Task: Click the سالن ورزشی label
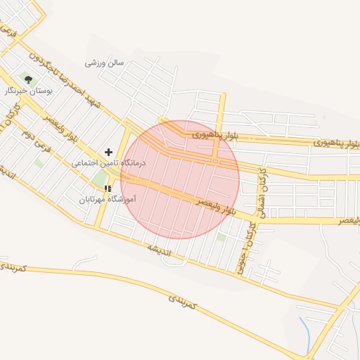tap(104, 63)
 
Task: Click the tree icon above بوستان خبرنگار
tap(29, 79)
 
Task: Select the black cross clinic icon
tap(108, 152)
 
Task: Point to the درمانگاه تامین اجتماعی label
tap(108, 162)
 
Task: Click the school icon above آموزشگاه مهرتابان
tap(108, 188)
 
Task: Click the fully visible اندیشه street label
tap(160, 250)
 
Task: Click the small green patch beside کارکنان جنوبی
tap(222, 237)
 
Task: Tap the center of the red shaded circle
tap(180, 179)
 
